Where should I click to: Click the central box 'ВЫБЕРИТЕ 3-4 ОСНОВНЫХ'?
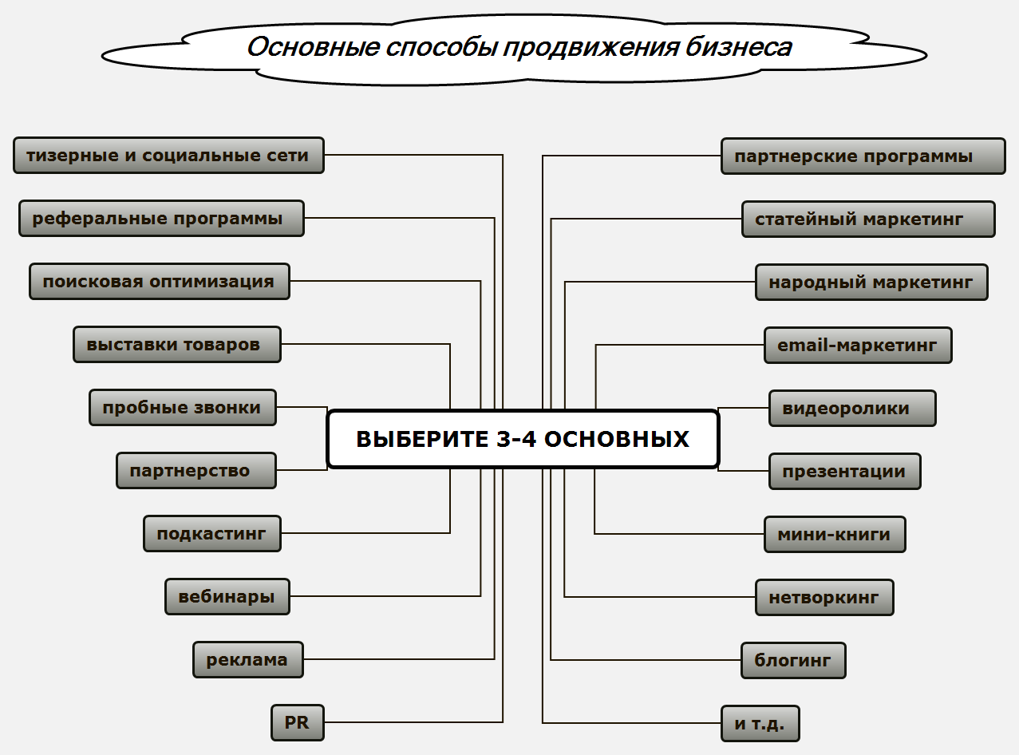[523, 439]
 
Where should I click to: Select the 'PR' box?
[297, 723]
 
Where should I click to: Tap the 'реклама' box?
[247, 660]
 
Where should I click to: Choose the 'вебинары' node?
[227, 597]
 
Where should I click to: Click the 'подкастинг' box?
[211, 534]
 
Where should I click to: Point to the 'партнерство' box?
[196, 471]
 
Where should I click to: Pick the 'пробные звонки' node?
[182, 408]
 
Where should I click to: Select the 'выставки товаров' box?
[176, 345]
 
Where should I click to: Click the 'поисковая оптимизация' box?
[159, 282]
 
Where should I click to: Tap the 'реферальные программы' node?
[161, 219]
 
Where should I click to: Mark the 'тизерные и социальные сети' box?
[168, 156]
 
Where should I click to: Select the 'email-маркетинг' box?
[858, 346]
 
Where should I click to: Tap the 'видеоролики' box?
[851, 409]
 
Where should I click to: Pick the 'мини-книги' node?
[835, 535]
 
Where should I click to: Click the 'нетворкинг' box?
[824, 598]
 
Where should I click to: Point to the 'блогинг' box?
[793, 661]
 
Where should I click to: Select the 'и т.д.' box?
[760, 724]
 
